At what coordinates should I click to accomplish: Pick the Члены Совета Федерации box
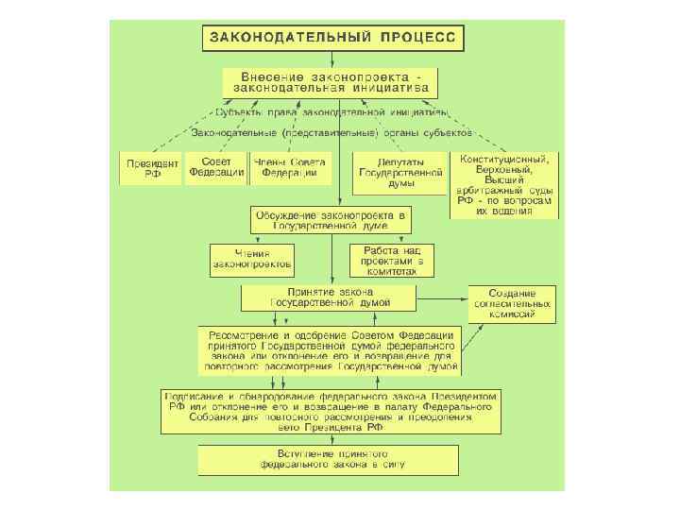[291, 168]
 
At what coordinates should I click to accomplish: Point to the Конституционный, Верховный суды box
[504, 184]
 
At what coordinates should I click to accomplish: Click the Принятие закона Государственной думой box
[330, 297]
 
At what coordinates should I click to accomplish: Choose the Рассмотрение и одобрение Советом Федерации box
[330, 350]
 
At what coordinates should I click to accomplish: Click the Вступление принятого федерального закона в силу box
[330, 460]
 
